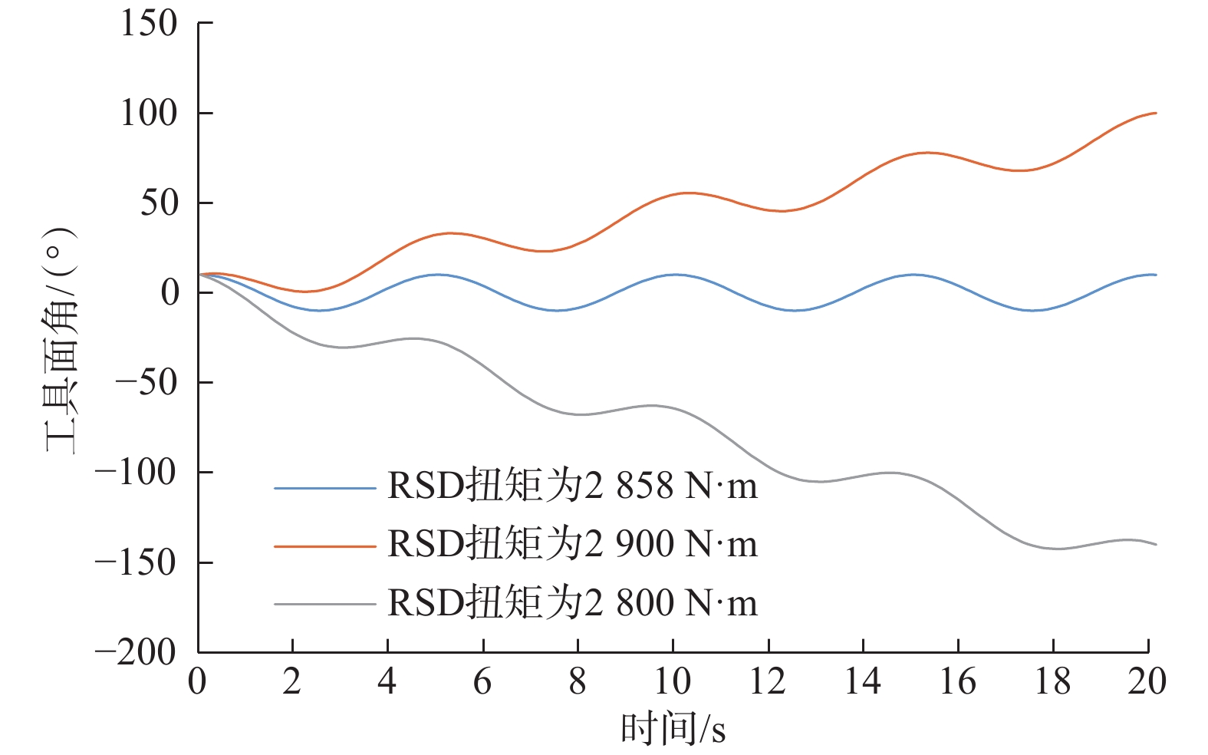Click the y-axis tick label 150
(x=149, y=23)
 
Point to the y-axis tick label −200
(x=136, y=653)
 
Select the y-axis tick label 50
(x=159, y=203)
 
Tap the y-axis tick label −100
(x=136, y=472)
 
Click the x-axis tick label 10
(x=673, y=681)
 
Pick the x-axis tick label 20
(x=1147, y=681)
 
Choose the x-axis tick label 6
(x=482, y=681)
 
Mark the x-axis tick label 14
(x=863, y=681)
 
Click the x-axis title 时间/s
(x=673, y=728)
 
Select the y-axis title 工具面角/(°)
(x=61, y=339)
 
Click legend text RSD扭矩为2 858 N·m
(x=572, y=486)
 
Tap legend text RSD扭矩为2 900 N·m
(x=572, y=544)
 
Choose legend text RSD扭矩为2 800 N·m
(x=572, y=602)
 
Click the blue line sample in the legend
(x=325, y=488)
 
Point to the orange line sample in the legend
(x=325, y=546)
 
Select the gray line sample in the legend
(x=325, y=605)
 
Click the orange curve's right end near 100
(x=1154, y=114)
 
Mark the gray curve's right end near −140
(x=1154, y=544)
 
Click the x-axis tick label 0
(x=197, y=681)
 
